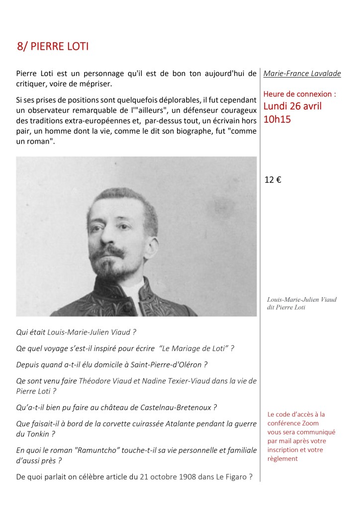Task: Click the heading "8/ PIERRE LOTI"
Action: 53,47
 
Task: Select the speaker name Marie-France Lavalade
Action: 302,74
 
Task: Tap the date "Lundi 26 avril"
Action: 292,106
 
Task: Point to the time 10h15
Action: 277,119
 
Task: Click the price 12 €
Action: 273,180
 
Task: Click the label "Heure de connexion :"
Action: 300,93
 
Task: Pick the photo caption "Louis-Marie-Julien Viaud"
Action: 302,299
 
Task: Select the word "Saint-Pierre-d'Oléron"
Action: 167,364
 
